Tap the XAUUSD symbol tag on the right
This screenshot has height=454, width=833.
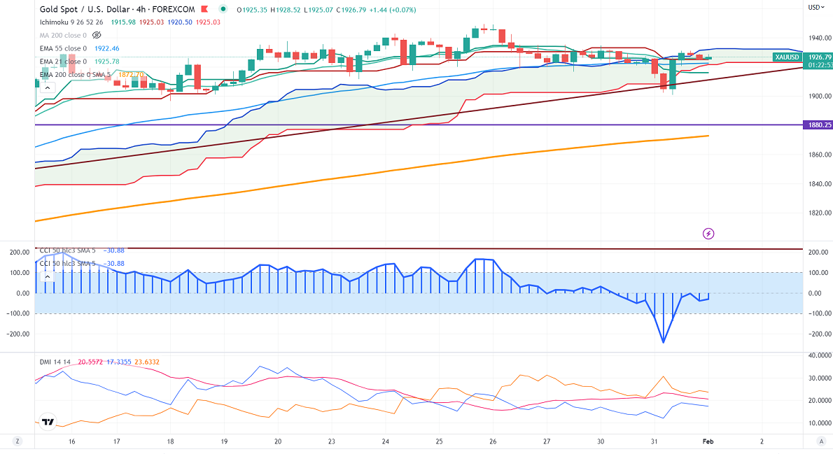click(x=787, y=57)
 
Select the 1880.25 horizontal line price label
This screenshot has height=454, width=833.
click(x=818, y=125)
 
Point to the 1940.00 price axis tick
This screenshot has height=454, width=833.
click(x=818, y=38)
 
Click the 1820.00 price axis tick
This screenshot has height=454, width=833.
click(x=818, y=213)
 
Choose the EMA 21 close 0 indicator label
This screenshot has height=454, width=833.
click(x=63, y=62)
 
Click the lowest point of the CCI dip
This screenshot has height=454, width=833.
click(x=662, y=342)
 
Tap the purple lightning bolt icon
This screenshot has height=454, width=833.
click(x=708, y=233)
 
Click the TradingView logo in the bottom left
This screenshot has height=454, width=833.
click(x=48, y=423)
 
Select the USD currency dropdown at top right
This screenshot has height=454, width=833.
click(x=815, y=7)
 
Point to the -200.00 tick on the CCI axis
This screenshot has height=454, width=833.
click(x=818, y=334)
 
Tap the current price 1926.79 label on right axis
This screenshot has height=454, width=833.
click(x=819, y=57)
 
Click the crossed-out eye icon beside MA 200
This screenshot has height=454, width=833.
click(x=97, y=34)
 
